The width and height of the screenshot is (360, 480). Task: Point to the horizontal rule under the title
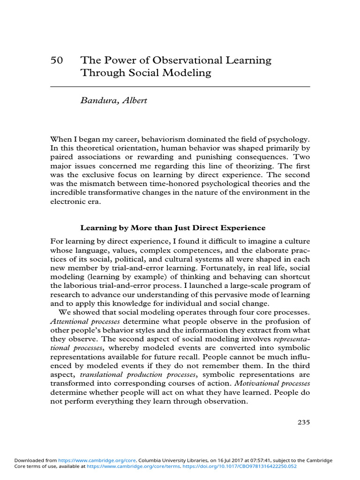pos(180,87)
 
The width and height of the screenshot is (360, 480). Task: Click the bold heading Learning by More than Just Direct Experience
pos(173,228)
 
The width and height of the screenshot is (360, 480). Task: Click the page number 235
pos(303,422)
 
